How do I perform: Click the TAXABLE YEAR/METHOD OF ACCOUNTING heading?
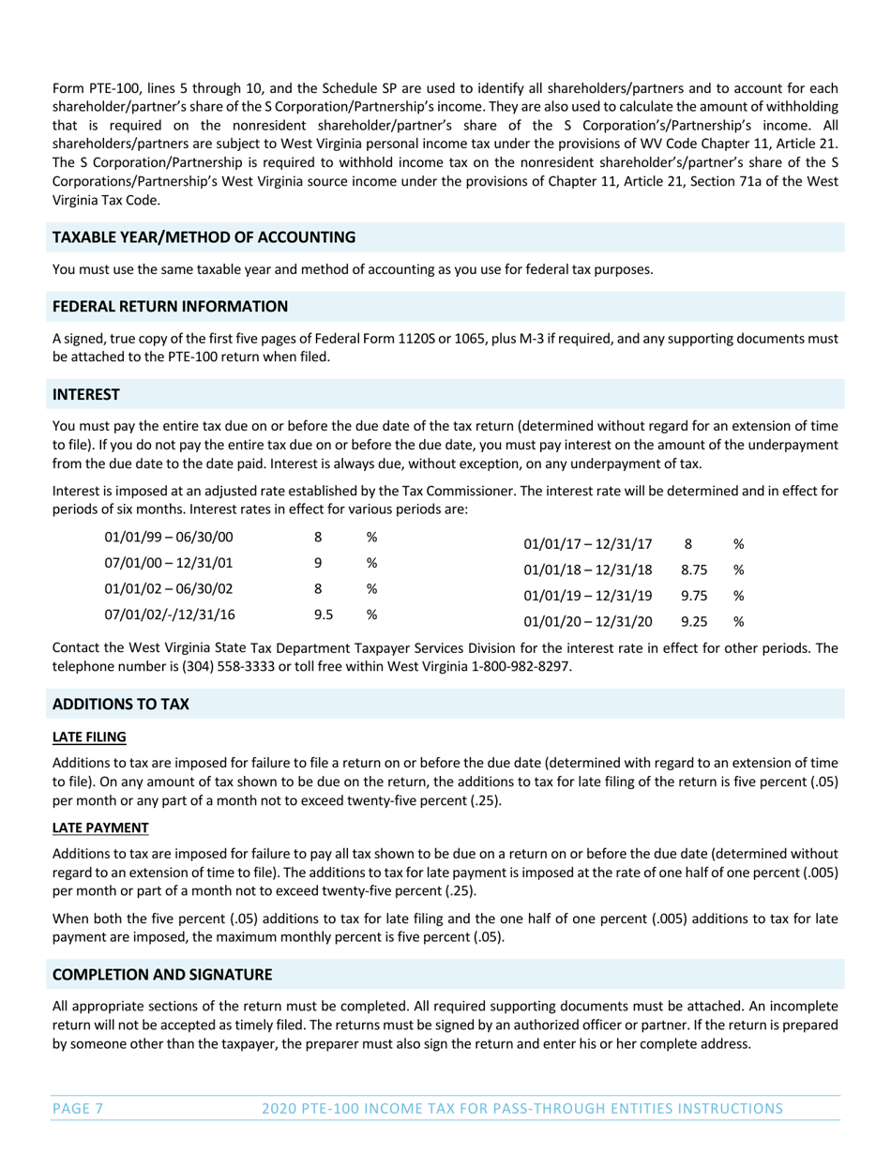[204, 238]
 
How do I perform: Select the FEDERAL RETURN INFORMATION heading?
[170, 307]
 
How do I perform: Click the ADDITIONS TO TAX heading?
[120, 704]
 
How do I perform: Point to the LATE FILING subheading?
[89, 737]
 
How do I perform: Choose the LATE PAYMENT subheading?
[100, 828]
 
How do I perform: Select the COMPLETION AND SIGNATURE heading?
[162, 974]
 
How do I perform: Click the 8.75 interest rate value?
[694, 569]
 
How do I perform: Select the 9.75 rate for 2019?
[694, 595]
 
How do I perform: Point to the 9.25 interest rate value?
[694, 621]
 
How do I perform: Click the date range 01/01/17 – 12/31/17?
[587, 543]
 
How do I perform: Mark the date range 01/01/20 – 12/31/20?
[587, 621]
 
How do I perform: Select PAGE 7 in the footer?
[78, 1109]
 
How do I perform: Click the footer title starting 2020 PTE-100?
[522, 1109]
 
